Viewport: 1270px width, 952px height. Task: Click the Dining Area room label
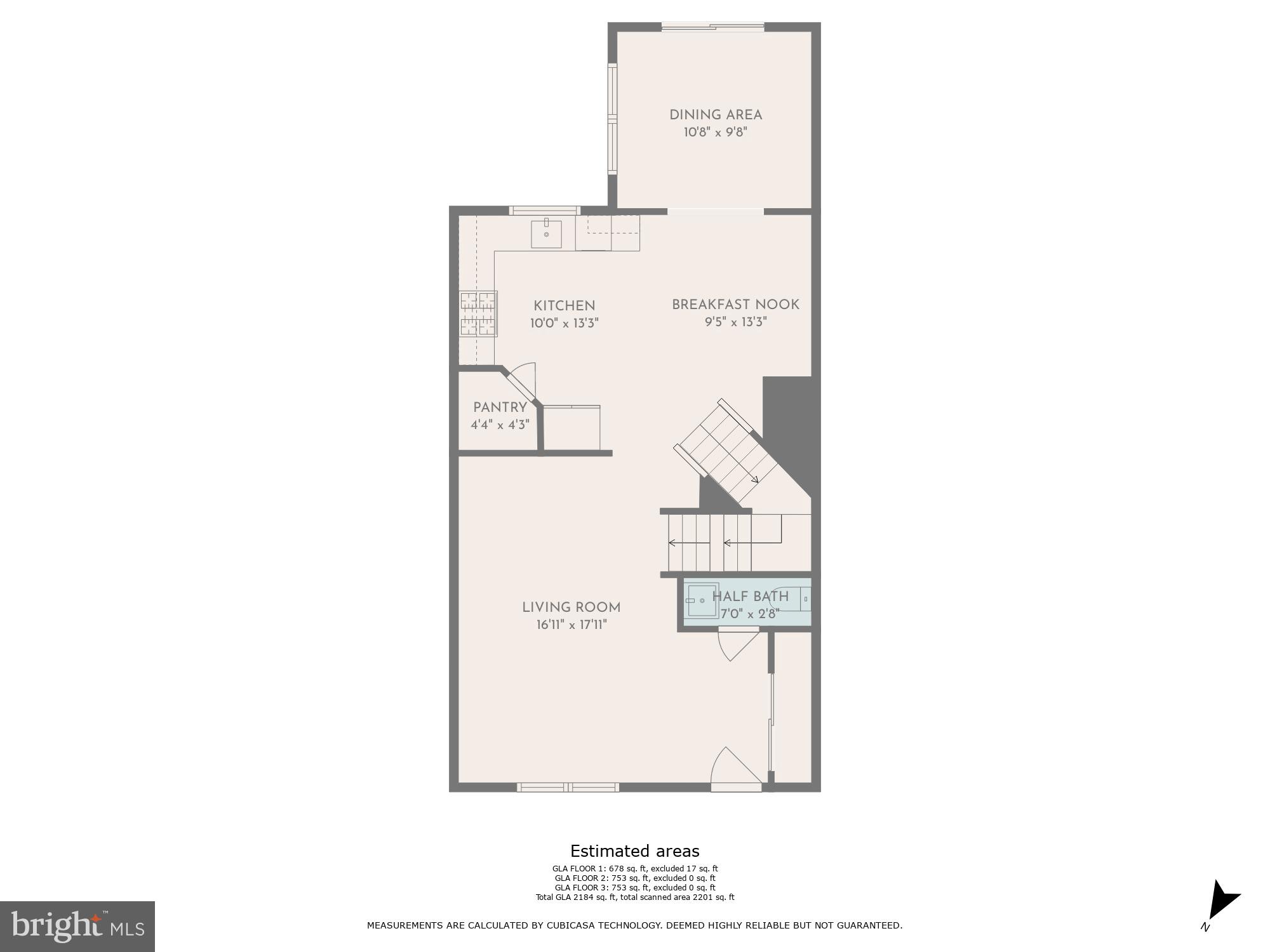click(x=715, y=115)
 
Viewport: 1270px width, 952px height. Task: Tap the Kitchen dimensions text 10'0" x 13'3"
click(x=564, y=323)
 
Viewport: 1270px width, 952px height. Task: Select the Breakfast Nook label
click(x=735, y=305)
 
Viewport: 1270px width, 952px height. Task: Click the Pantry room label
click(x=500, y=407)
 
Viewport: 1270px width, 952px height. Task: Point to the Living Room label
click(x=571, y=607)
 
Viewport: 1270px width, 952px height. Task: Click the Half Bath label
click(x=750, y=597)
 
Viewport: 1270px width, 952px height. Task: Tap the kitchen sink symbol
click(x=546, y=234)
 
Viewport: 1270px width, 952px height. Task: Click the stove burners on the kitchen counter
click(x=478, y=314)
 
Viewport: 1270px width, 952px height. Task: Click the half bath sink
click(x=702, y=600)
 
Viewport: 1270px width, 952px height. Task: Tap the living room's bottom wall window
click(x=567, y=788)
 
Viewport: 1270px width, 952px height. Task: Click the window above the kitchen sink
click(x=544, y=210)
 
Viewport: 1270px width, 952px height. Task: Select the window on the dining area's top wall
click(x=712, y=27)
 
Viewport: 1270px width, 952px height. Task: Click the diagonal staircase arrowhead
click(x=754, y=480)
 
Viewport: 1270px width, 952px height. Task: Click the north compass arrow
click(x=1222, y=901)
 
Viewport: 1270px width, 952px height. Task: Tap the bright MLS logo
click(x=77, y=926)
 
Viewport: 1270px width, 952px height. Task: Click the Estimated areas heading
click(x=634, y=851)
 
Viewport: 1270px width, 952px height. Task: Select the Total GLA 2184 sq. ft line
click(x=634, y=897)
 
